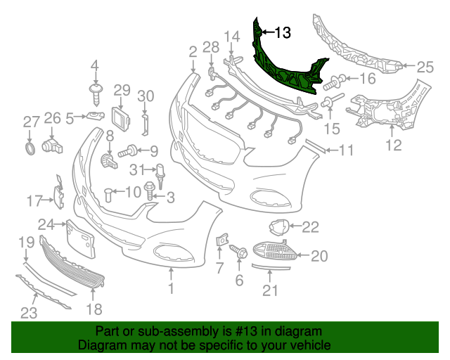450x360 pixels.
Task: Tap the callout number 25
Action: [425, 67]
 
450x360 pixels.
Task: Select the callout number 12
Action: [394, 146]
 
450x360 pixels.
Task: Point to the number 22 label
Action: [310, 226]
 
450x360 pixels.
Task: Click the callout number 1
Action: [170, 288]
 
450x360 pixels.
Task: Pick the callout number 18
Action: [94, 309]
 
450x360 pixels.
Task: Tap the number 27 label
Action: [30, 122]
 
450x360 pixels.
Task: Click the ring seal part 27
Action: [30, 148]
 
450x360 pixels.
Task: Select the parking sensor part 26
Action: [52, 145]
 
